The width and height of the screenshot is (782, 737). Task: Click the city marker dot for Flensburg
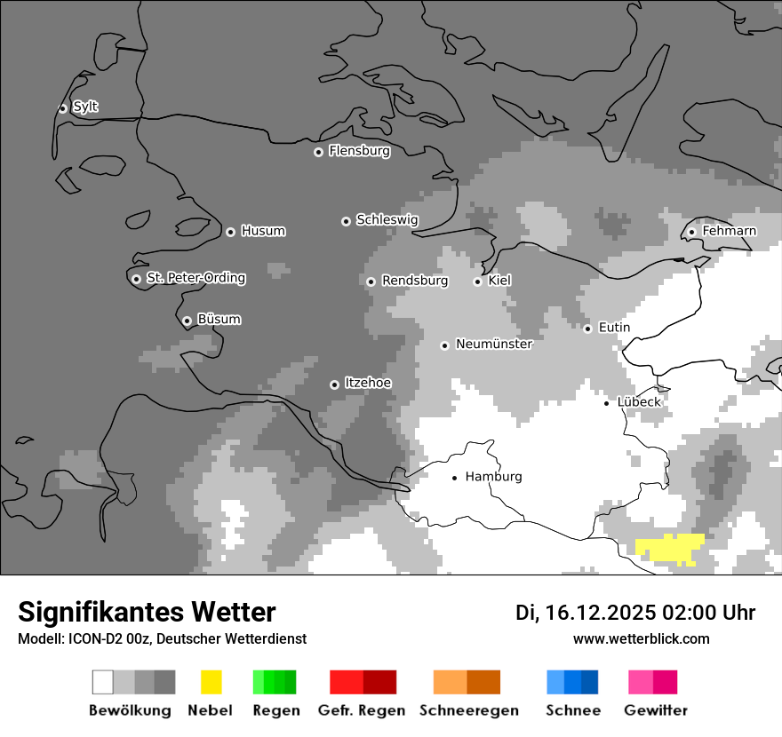(318, 152)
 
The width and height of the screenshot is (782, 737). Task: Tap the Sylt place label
(85, 107)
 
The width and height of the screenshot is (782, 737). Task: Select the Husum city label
(263, 232)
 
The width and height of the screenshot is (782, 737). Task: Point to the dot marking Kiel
(477, 281)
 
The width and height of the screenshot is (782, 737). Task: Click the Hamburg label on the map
(493, 477)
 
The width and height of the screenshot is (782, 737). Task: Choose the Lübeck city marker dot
(606, 403)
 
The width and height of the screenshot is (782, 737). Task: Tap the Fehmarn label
(729, 232)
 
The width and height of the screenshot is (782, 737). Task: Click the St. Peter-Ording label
(195, 279)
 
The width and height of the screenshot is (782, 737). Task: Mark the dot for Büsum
(187, 321)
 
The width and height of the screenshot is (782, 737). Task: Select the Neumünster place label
(494, 345)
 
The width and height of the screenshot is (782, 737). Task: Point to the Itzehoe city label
(368, 384)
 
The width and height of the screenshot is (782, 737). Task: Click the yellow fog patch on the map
(671, 549)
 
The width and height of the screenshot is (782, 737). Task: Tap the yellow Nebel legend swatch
(211, 682)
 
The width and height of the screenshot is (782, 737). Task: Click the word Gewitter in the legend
(655, 710)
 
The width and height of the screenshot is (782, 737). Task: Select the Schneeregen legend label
(468, 710)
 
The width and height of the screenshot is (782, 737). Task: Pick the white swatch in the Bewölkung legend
(103, 682)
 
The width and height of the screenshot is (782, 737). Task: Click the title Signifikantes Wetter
(147, 613)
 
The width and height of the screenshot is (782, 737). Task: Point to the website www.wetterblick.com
(641, 639)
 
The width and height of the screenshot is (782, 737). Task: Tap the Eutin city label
(614, 328)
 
